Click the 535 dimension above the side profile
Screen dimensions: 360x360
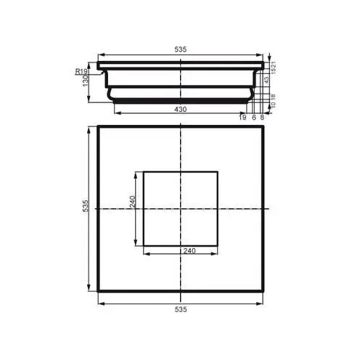click(x=181, y=49)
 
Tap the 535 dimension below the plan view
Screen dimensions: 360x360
click(x=181, y=308)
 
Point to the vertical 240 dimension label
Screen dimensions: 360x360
click(x=133, y=202)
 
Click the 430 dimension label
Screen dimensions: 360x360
click(x=181, y=109)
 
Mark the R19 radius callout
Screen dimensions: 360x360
click(x=81, y=71)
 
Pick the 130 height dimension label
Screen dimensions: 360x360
click(x=86, y=80)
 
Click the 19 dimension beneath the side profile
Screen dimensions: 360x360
click(x=243, y=117)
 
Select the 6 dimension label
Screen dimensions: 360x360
click(x=253, y=117)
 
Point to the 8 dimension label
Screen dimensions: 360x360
click(x=261, y=117)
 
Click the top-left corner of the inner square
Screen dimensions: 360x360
click(x=144, y=172)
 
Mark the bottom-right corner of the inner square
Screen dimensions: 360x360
click(x=218, y=245)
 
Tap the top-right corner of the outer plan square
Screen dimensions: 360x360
click(x=263, y=127)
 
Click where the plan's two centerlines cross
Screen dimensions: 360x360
click(x=181, y=209)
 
